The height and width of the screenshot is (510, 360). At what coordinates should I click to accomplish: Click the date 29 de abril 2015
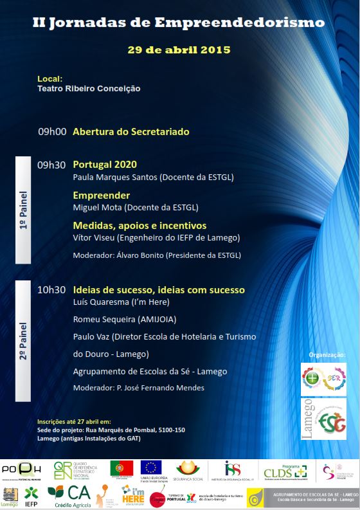(179, 50)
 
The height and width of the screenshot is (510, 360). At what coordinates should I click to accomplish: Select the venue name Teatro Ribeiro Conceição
(89, 89)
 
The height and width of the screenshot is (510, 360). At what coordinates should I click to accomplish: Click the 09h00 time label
(52, 131)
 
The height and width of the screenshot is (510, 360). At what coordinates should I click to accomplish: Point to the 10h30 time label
(51, 289)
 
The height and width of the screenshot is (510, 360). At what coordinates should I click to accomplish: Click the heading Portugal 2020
(105, 164)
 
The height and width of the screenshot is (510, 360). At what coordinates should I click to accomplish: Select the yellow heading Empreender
(102, 195)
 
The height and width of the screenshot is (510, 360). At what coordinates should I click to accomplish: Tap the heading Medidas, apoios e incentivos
(139, 226)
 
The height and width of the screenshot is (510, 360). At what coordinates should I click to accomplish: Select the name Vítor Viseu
(91, 238)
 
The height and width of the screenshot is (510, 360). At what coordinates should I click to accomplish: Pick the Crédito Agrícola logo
(69, 495)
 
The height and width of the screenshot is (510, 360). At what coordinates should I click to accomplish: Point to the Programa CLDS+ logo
(285, 471)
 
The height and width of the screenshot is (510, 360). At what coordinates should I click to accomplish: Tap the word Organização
(327, 354)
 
